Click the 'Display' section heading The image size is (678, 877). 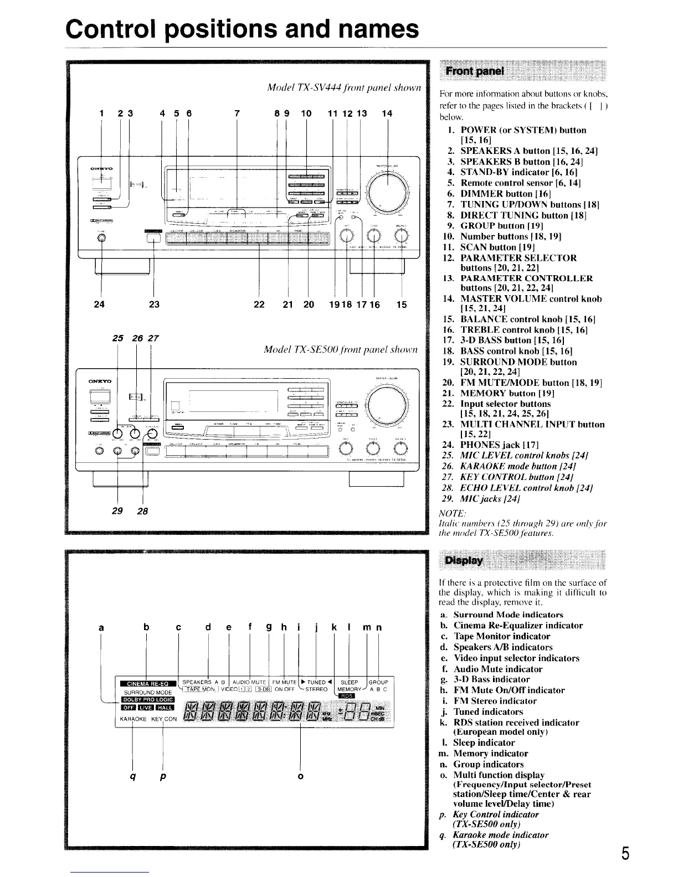[464, 561]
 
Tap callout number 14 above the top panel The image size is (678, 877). [387, 114]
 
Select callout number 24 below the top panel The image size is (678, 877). [100, 304]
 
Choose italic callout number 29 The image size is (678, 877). [117, 510]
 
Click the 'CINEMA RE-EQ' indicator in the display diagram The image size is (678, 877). [146, 683]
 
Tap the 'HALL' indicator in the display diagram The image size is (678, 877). [166, 708]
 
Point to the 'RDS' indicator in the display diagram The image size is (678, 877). [347, 696]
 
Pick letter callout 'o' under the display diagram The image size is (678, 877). [300, 776]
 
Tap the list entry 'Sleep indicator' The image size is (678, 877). [484, 742]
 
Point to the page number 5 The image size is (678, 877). [625, 854]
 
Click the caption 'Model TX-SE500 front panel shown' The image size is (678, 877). [340, 350]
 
